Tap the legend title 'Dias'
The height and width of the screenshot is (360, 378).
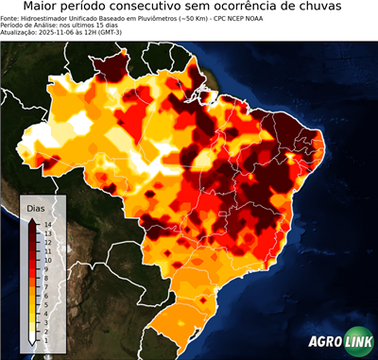[36, 207]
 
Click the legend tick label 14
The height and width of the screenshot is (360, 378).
[46, 224]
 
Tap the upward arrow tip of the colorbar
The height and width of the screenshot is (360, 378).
[32, 217]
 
